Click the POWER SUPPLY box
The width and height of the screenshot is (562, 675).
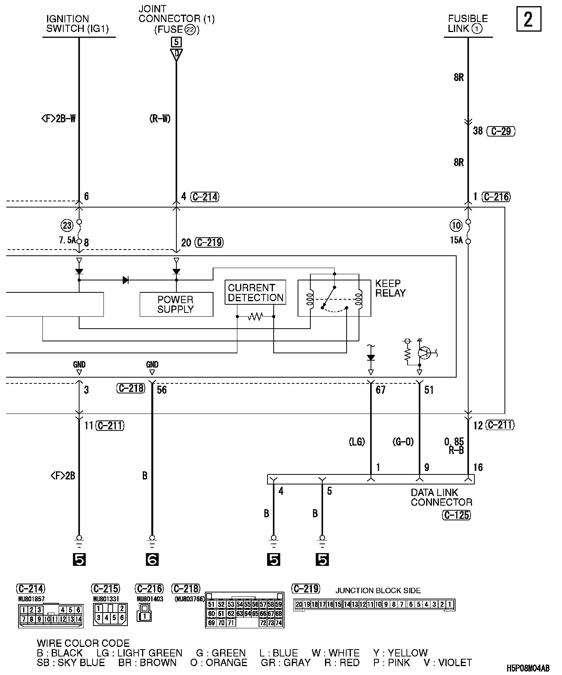(x=176, y=304)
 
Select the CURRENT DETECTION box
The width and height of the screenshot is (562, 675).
(x=256, y=293)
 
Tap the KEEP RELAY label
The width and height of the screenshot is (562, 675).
(x=390, y=288)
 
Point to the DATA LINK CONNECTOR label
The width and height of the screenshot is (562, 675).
(x=441, y=497)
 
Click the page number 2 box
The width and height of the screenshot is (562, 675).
(x=528, y=19)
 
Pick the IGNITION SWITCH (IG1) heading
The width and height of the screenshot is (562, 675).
(x=78, y=24)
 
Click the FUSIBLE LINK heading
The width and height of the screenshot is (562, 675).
(x=468, y=24)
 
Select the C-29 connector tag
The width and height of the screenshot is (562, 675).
(x=501, y=131)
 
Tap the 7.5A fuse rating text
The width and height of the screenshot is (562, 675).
(x=67, y=240)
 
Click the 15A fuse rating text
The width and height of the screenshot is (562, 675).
(x=456, y=240)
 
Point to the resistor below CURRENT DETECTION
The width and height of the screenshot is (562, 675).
(x=255, y=317)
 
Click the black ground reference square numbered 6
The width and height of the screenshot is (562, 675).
(x=152, y=559)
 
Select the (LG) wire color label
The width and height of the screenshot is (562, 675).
(x=357, y=442)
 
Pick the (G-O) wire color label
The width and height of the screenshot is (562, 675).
(x=403, y=442)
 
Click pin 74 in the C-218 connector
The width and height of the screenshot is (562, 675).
(x=278, y=623)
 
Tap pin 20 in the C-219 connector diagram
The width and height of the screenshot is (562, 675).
(x=298, y=604)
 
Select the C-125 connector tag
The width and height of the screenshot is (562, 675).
(x=457, y=515)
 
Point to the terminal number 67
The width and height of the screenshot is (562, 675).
(x=381, y=390)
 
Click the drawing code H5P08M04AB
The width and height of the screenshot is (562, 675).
(x=528, y=668)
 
